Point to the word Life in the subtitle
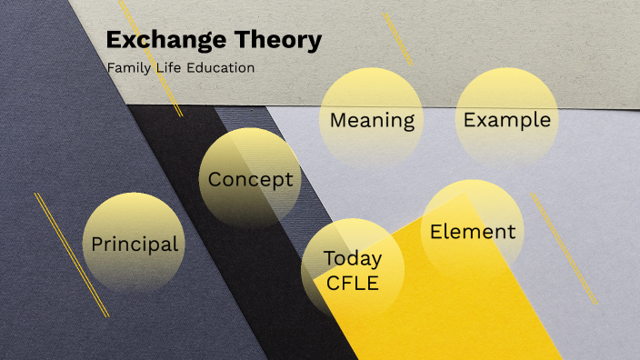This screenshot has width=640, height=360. coord(169,68)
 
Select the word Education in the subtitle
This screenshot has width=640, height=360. coord(221,68)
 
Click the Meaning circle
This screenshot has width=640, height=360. coord(372,114)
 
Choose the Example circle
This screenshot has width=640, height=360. coord(506,114)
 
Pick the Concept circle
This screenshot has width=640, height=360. coord(250,177)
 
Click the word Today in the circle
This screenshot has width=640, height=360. coord(353,258)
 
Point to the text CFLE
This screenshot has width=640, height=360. coord(353,283)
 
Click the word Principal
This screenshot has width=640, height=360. coord(134,245)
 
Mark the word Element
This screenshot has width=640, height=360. coord(473,232)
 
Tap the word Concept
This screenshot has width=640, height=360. coord(250,179)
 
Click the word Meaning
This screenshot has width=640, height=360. coord(372,120)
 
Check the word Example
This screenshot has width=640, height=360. coord(506,120)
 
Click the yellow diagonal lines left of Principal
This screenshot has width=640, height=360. coord(71,255)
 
